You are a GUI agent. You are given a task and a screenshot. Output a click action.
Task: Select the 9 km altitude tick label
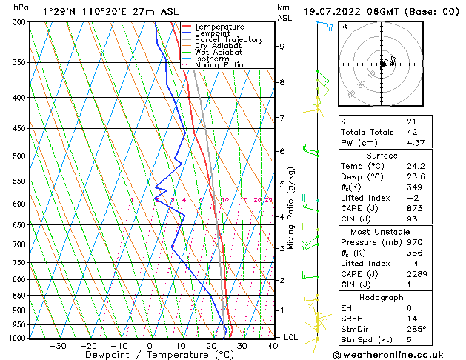click(282, 46)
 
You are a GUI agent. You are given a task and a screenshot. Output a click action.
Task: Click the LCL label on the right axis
click(291, 338)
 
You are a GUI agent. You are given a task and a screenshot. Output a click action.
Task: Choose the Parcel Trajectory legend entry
click(228, 39)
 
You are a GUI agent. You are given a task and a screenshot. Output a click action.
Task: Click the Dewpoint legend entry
click(214, 33)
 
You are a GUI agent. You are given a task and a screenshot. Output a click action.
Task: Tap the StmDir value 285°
click(416, 328)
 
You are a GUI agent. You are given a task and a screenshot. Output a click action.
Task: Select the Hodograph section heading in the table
click(382, 296)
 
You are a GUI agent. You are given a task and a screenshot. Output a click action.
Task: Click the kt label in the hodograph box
click(344, 26)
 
